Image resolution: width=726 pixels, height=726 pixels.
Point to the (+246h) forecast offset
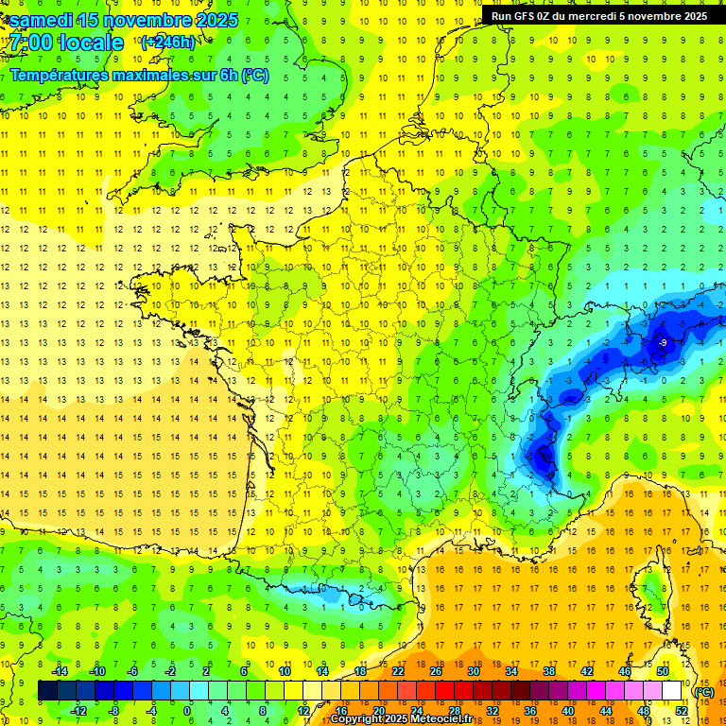click(x=167, y=42)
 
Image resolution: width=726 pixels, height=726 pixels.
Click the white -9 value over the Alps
click(x=664, y=341)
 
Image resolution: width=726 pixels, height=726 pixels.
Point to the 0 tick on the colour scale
click(x=187, y=711)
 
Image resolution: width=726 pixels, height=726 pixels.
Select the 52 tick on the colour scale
click(x=681, y=711)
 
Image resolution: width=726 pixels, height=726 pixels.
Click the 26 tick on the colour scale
click(x=435, y=671)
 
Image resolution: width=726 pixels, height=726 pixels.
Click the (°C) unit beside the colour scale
click(x=703, y=691)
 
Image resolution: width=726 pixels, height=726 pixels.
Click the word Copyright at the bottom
click(x=359, y=719)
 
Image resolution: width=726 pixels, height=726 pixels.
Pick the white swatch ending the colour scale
click(x=671, y=691)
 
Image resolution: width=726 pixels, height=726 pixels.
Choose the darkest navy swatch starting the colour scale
click(x=47, y=691)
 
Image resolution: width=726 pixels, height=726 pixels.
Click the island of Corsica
click(x=650, y=591)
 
